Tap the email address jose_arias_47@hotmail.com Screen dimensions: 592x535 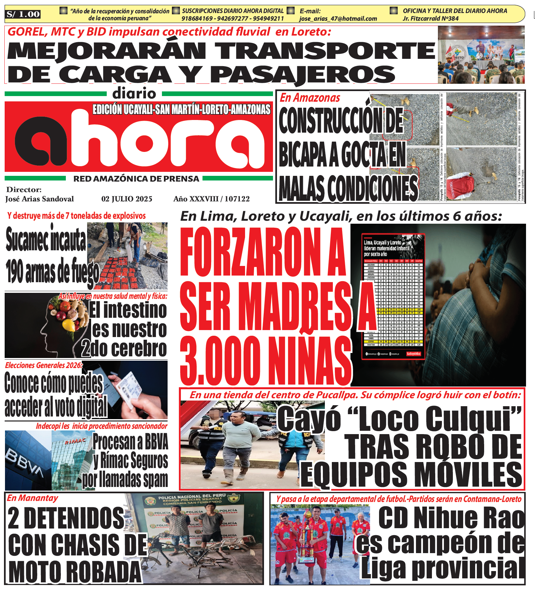338,19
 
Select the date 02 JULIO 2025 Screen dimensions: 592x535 127,199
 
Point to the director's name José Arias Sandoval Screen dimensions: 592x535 40,199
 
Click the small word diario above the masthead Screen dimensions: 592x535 134,93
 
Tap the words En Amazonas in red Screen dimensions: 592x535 310,98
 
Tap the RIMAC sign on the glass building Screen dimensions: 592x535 75,441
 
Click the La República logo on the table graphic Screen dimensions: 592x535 414,354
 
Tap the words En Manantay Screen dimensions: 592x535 33,498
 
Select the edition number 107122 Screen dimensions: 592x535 237,199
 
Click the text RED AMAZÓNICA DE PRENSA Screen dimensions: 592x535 136,179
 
